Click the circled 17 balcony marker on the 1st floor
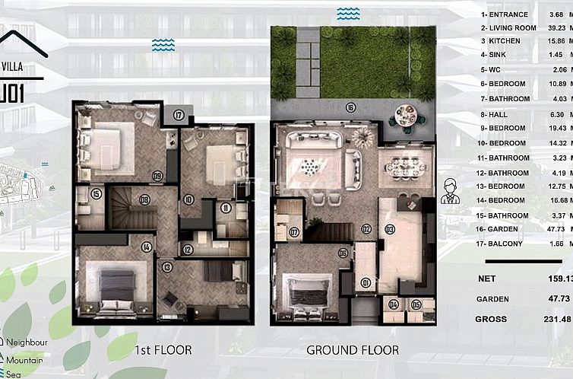pyautogui.click(x=179, y=116)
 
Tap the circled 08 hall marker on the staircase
pyautogui.click(x=144, y=200)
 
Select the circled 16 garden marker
pyautogui.click(x=350, y=107)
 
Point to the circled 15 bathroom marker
pyautogui.click(x=96, y=194)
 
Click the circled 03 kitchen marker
pyautogui.click(x=390, y=228)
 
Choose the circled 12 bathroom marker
pyautogui.click(x=188, y=249)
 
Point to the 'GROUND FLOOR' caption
pyautogui.click(x=353, y=350)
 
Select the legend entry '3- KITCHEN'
pyautogui.click(x=501, y=40)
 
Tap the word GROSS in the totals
pyautogui.click(x=491, y=319)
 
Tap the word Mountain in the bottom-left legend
pyautogui.click(x=24, y=360)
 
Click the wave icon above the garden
pyautogui.click(x=348, y=14)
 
